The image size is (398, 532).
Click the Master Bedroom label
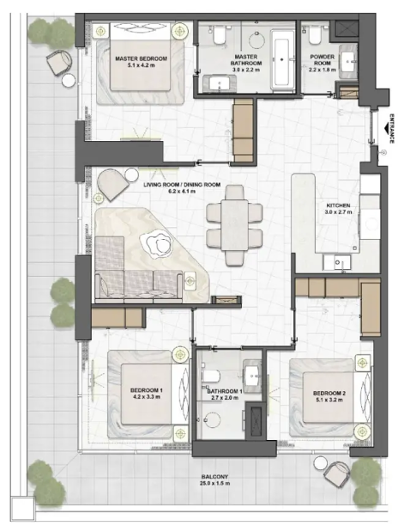(x=141, y=58)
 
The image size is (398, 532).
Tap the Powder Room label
(x=323, y=60)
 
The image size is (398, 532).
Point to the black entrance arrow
(x=387, y=128)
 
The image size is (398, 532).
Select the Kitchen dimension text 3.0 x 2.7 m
(x=339, y=212)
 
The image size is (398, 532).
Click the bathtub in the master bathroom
(x=282, y=60)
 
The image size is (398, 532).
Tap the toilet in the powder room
(x=315, y=35)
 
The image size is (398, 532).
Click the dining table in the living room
(x=234, y=224)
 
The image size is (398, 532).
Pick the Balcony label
(x=214, y=477)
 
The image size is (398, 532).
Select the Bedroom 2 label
(x=329, y=394)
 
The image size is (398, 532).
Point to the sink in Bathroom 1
(x=252, y=374)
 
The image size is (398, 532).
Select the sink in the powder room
(x=348, y=62)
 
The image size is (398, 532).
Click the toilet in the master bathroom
(x=219, y=35)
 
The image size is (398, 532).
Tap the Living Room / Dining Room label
(x=182, y=185)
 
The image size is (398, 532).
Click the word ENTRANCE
(x=392, y=128)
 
